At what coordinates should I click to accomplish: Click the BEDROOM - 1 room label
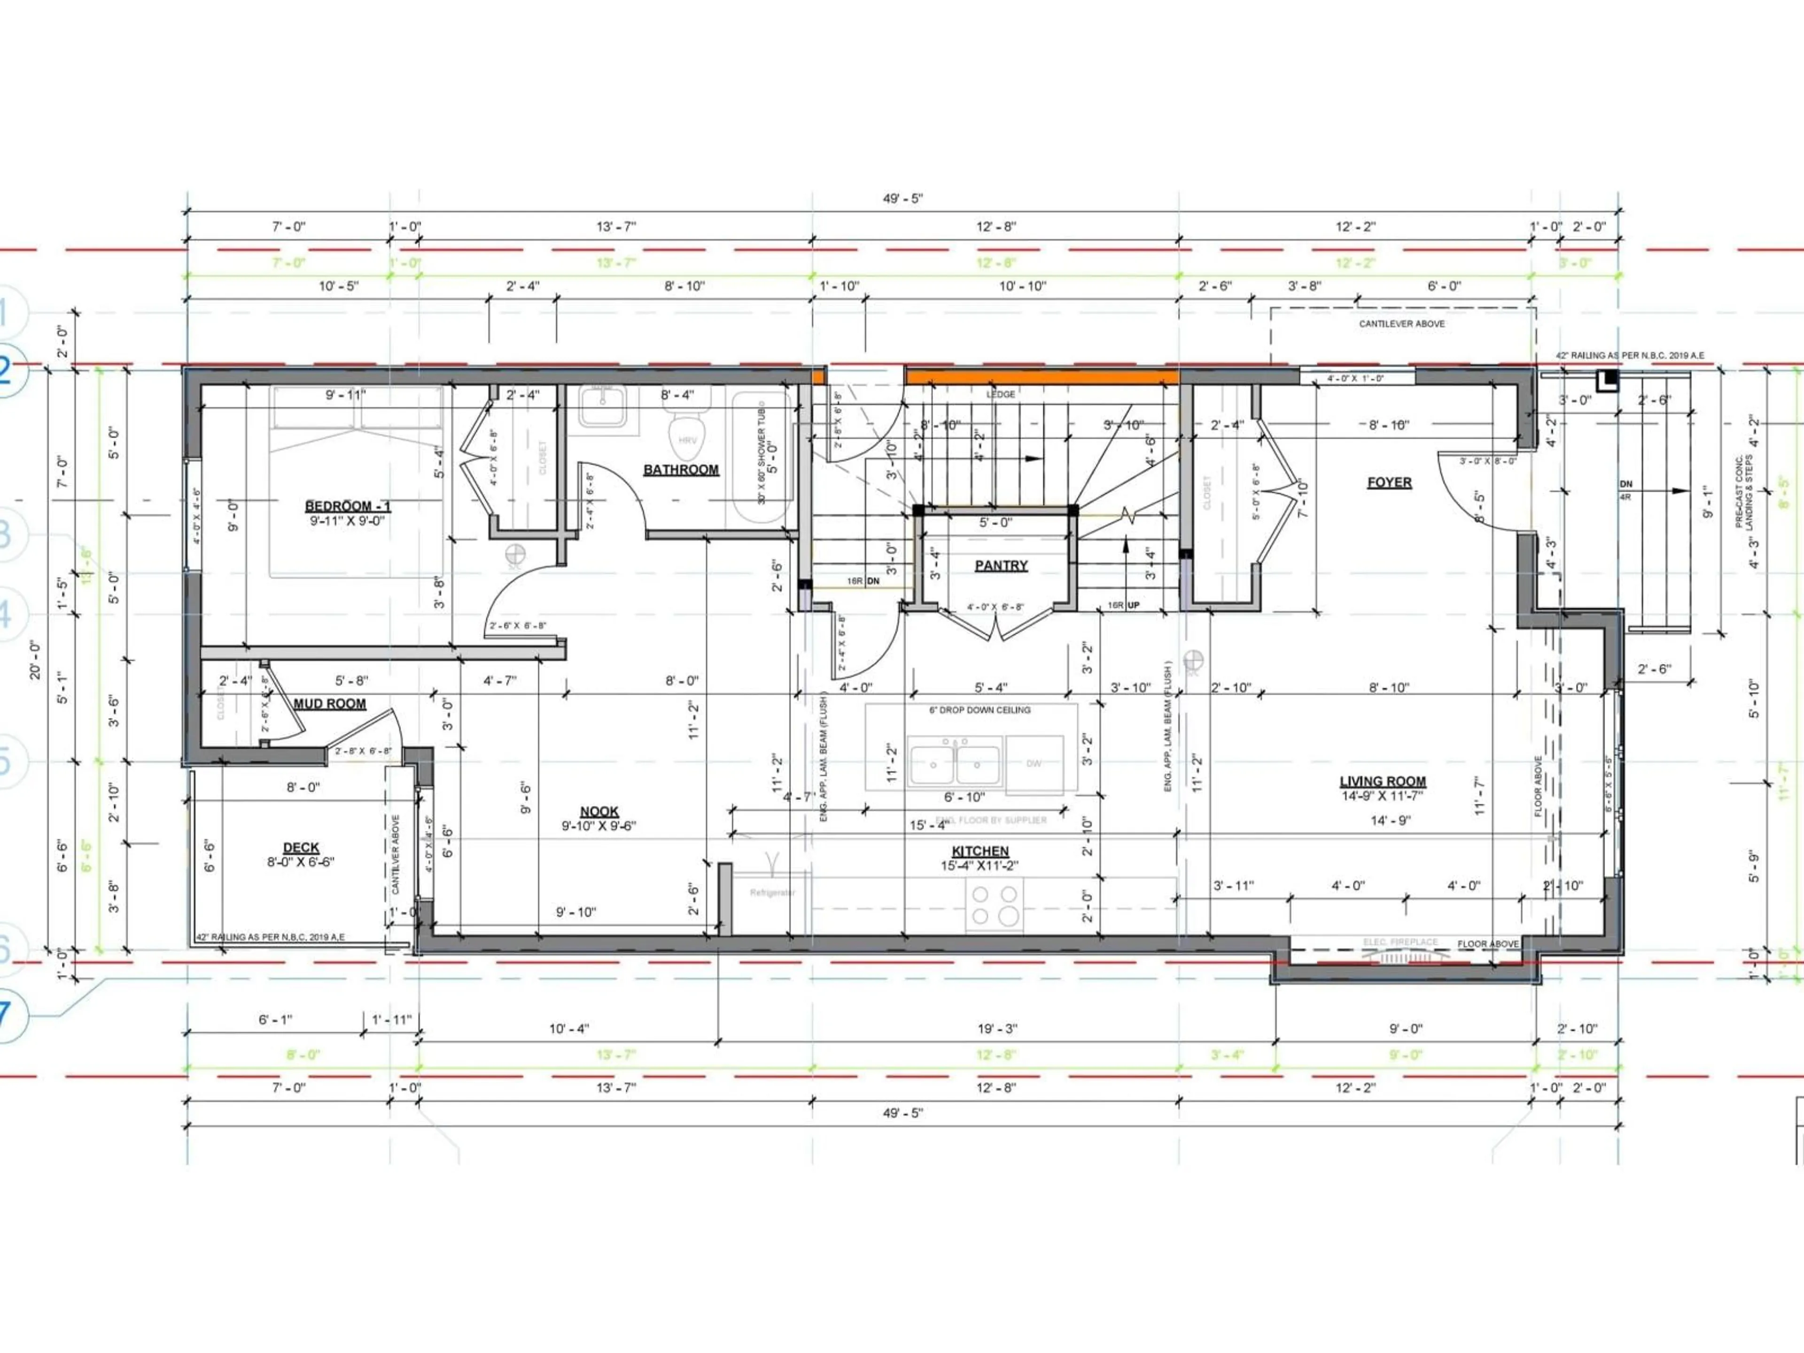coord(348,506)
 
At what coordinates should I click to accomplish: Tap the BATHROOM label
coord(681,470)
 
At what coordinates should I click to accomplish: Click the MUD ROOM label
coord(329,704)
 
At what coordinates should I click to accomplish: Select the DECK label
coord(301,848)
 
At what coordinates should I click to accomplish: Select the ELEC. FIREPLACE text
coord(1400,942)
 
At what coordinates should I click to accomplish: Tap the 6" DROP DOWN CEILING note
coord(980,710)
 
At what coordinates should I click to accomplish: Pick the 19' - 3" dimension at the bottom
coord(997,1029)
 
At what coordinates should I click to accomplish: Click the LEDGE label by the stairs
coord(1001,394)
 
